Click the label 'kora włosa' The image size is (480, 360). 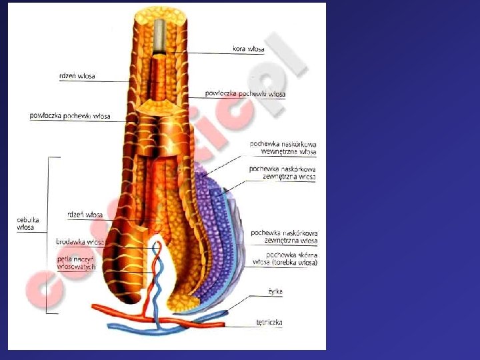(x=248, y=49)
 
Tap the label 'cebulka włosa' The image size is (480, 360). (x=28, y=223)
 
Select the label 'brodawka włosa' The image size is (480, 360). (x=79, y=242)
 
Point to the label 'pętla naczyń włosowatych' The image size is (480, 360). (x=77, y=261)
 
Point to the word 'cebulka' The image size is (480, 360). (x=28, y=219)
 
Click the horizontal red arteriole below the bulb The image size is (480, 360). (x=113, y=309)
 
